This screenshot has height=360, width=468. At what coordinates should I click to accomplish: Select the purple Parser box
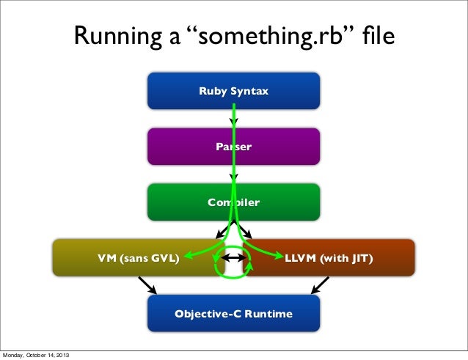tap(183, 147)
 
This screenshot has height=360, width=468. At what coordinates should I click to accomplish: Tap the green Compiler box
tap(183, 202)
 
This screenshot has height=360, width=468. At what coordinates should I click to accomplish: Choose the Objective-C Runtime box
tap(233, 314)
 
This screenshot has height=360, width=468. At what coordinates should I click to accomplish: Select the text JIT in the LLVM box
tap(360, 258)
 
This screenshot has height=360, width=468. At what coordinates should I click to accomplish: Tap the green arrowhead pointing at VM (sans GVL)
tap(187, 256)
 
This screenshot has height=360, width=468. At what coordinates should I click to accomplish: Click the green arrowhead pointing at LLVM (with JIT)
tap(279, 256)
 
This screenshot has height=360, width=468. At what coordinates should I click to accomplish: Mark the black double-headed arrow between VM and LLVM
tap(233, 257)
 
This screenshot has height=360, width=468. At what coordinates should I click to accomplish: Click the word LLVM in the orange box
tap(299, 258)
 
